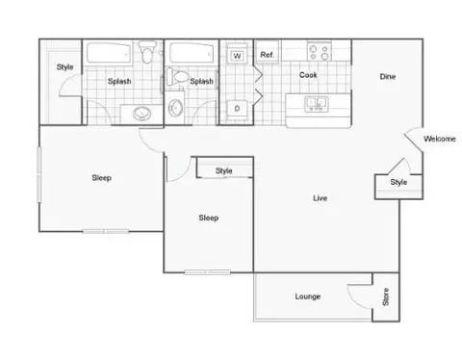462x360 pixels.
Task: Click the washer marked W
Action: click(237, 56)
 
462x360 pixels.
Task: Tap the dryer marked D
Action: click(237, 109)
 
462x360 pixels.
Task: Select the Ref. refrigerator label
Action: click(267, 55)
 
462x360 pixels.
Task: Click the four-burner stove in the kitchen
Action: click(319, 51)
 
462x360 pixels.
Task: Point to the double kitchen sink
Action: click(317, 104)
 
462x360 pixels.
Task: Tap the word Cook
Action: click(308, 75)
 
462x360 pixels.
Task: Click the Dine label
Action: click(388, 76)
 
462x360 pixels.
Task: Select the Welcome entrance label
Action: click(440, 139)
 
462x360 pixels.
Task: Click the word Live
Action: click(320, 198)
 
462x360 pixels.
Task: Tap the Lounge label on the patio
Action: click(308, 296)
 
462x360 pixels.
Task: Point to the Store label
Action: click(386, 296)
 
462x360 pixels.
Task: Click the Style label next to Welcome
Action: click(398, 182)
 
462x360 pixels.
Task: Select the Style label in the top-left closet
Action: click(64, 67)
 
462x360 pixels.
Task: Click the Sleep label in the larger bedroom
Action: click(101, 178)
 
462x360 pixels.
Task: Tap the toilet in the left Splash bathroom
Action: click(147, 51)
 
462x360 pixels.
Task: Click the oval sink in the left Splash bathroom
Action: click(142, 114)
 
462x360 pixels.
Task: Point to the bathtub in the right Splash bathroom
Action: click(192, 53)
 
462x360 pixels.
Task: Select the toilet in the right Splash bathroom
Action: click(177, 77)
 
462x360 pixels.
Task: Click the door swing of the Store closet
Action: click(357, 296)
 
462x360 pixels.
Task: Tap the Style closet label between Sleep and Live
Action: click(223, 170)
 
